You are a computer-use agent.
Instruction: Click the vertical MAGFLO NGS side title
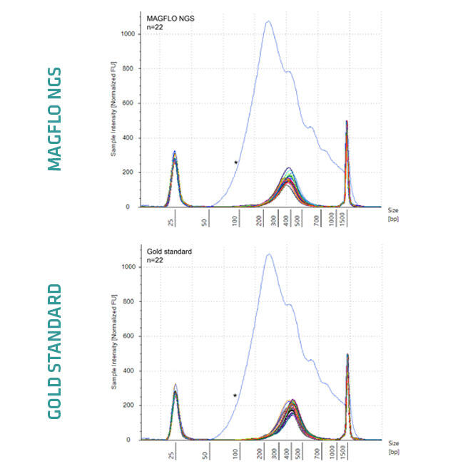click(x=55, y=119)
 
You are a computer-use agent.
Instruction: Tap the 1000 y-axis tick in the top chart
click(x=128, y=33)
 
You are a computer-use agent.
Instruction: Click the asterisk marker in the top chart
click(x=236, y=163)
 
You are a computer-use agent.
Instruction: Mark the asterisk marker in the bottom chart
click(x=235, y=395)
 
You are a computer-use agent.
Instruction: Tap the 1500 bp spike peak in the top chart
click(x=347, y=122)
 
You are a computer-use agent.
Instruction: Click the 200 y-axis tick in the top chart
click(x=131, y=172)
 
